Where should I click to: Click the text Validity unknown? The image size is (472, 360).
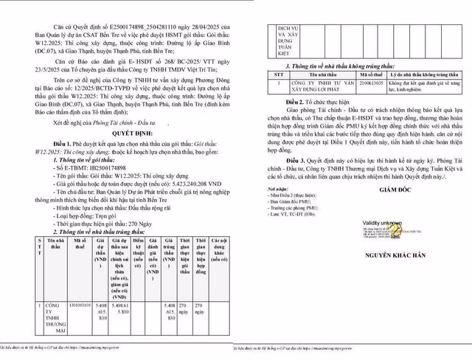coord(382,221)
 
